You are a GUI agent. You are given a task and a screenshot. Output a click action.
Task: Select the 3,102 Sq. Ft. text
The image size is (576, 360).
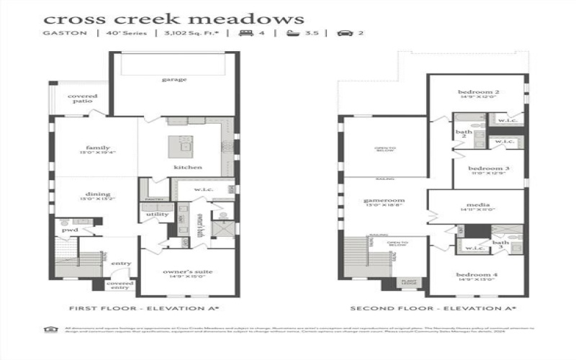point(188,34)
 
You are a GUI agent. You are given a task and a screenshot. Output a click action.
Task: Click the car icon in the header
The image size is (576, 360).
point(345,34)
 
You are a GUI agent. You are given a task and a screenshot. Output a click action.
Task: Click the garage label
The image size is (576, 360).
point(174,79)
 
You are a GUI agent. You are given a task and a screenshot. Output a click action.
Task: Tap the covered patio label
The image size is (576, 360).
point(81,99)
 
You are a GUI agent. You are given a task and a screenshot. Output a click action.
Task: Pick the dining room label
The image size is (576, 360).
point(97,195)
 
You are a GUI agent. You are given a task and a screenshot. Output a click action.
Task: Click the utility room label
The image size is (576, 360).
point(156,214)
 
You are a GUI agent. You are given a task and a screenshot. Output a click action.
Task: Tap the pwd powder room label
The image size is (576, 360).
point(69,230)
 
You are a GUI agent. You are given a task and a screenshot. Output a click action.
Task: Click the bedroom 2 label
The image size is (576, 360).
point(478,94)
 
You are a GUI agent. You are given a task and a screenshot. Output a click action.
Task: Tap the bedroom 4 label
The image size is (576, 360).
point(475,276)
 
